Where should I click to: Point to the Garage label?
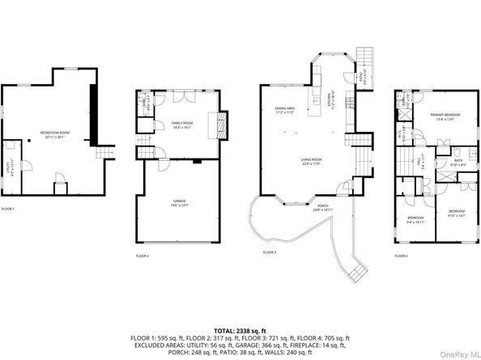point(180,202)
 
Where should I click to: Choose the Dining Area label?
point(283,109)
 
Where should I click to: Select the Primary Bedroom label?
point(442,116)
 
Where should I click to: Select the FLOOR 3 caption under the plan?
point(270,252)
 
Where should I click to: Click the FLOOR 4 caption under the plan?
point(401,255)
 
